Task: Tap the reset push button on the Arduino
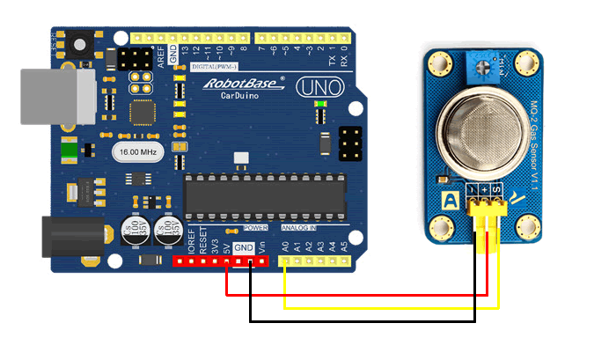tap(80, 44)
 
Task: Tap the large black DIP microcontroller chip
tap(264, 192)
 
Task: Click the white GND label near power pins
tap(244, 248)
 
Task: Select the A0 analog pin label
tap(284, 246)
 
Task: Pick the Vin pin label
tap(262, 246)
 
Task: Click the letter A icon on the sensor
tap(450, 201)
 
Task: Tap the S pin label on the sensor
tap(498, 190)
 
